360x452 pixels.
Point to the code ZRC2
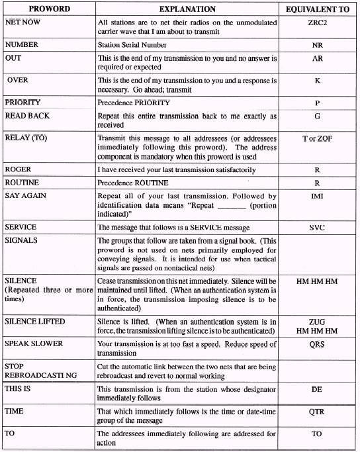point(316,23)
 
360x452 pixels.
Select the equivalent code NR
point(316,46)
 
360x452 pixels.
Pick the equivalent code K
point(316,81)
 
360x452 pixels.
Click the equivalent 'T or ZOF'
point(316,140)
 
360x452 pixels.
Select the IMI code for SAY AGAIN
point(316,197)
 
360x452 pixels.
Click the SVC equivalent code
point(316,227)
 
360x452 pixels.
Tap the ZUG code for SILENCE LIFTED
point(316,322)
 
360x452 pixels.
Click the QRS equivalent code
point(316,344)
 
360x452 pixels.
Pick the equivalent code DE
point(316,390)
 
